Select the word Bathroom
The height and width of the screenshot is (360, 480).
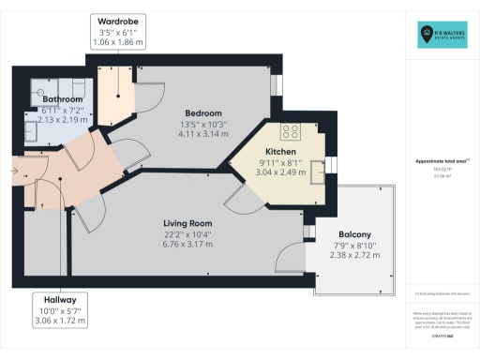tap(62, 98)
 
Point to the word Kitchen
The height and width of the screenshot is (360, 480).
tap(280, 150)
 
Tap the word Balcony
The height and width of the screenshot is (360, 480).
tap(355, 233)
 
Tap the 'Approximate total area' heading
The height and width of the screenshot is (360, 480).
tap(440, 161)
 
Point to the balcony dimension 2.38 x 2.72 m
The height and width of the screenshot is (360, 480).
tap(355, 255)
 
